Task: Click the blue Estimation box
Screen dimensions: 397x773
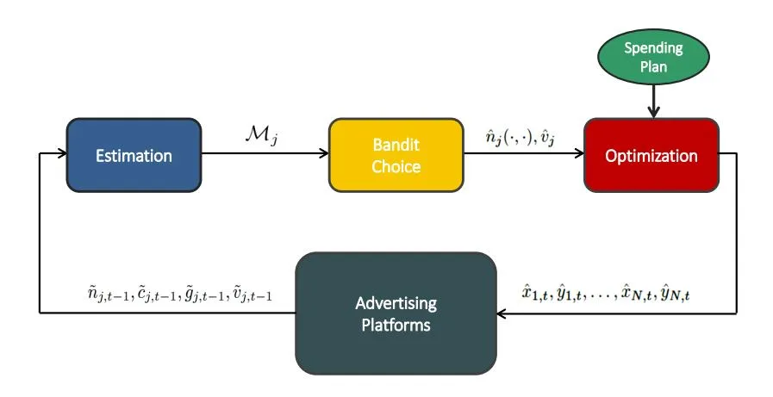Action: pos(134,155)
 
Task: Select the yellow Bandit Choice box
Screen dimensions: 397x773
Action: pos(396,155)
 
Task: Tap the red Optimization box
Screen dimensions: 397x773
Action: pos(651,155)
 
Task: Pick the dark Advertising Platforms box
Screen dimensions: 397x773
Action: pos(396,313)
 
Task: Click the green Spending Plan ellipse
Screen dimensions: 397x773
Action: pos(653,57)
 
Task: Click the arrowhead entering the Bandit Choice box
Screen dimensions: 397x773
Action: pos(323,155)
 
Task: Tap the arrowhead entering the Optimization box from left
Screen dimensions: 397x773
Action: pos(578,155)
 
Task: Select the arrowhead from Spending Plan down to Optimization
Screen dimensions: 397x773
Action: pos(653,112)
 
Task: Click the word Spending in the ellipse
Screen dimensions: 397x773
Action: pos(653,47)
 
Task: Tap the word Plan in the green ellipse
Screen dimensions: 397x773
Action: pos(653,66)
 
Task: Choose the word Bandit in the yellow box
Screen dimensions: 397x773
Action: pos(396,146)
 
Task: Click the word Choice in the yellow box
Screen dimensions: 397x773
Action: pos(396,166)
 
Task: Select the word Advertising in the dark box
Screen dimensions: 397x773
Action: pos(396,303)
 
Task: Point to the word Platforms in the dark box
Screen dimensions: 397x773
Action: pos(396,325)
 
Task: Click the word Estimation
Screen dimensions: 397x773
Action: pos(134,156)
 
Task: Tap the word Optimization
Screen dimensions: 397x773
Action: pos(651,156)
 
